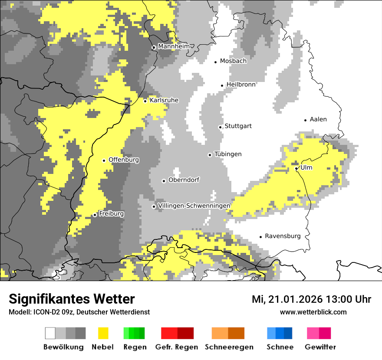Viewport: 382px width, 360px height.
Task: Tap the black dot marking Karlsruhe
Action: [x=145, y=101]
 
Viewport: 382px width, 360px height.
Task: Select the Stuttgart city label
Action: [x=238, y=126]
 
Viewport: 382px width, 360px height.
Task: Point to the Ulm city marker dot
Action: [x=296, y=168]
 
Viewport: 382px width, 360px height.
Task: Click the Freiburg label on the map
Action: [x=111, y=214]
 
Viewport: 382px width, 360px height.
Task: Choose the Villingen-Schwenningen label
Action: [x=194, y=206]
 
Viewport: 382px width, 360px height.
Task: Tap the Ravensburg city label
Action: [x=283, y=236]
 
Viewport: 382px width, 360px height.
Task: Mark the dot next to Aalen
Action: [x=305, y=120]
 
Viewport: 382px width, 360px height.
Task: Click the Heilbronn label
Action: [x=241, y=85]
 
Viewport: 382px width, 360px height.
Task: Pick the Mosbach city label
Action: [x=233, y=61]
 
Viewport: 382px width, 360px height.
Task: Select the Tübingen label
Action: [x=228, y=154]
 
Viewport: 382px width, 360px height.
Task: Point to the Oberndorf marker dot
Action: [x=164, y=181]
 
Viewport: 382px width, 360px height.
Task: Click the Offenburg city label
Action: [x=124, y=160]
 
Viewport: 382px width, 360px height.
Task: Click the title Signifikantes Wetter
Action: [x=72, y=299]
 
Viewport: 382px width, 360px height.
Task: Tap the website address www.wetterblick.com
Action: [x=313, y=312]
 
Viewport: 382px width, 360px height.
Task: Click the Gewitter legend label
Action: [x=320, y=347]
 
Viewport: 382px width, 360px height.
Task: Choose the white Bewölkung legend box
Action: [x=50, y=333]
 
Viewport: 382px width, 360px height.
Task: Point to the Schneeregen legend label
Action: [x=229, y=347]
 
